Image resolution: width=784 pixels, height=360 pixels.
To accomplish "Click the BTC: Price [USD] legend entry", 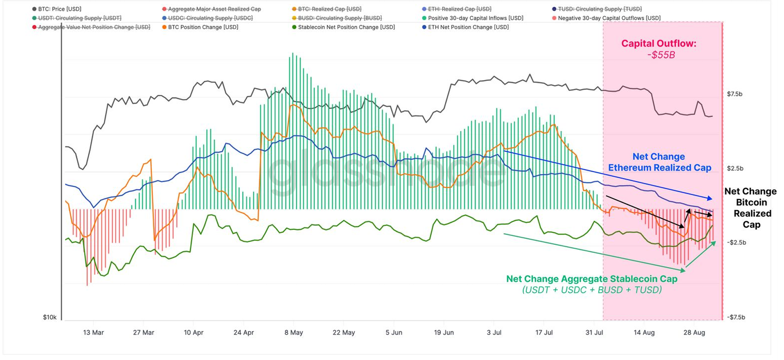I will [59, 9].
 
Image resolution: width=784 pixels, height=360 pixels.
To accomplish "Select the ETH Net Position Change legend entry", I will [468, 27].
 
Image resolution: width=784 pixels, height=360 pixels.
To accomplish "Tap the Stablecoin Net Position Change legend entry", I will [346, 27].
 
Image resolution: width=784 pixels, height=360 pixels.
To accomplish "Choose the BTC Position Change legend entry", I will [203, 27].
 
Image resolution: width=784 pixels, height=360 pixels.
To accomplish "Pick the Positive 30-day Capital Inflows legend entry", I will [475, 18].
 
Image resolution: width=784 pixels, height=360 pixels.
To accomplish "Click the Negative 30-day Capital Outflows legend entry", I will [609, 18].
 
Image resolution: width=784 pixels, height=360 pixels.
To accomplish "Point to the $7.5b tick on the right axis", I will [734, 94].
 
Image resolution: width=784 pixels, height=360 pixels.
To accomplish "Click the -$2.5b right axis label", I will [736, 243].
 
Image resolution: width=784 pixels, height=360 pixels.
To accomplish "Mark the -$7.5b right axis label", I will [736, 317].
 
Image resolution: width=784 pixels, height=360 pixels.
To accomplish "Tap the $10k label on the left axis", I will [50, 317].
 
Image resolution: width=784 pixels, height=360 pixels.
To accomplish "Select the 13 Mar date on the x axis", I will [93, 333].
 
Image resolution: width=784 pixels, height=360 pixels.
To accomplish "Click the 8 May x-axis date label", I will [293, 333].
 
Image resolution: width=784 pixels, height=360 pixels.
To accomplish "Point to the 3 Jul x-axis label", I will [494, 333].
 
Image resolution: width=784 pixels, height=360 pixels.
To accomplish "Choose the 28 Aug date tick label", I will [694, 333].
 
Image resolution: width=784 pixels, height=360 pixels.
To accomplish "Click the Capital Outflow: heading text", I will [658, 44].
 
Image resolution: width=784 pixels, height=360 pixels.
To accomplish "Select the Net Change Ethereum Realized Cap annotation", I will [659, 162].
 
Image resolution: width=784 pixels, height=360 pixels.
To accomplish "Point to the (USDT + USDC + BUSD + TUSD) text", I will [592, 290].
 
